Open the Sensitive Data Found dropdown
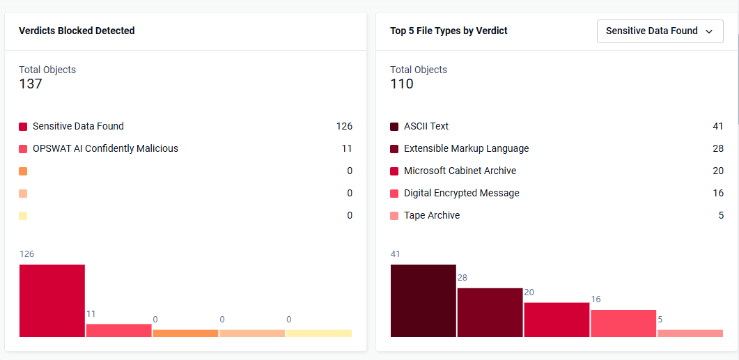pyautogui.click(x=660, y=31)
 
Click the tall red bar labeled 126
pyautogui.click(x=52, y=301)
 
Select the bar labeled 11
pyautogui.click(x=119, y=330)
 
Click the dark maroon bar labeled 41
pyautogui.click(x=423, y=301)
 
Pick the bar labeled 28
pyautogui.click(x=490, y=313)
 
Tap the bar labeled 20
pyautogui.click(x=557, y=320)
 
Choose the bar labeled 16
pyautogui.click(x=623, y=323)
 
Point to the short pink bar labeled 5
pyautogui.click(x=690, y=333)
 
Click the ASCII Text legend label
pyautogui.click(x=426, y=126)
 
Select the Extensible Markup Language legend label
pyautogui.click(x=466, y=148)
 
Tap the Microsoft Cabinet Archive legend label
pyautogui.click(x=460, y=171)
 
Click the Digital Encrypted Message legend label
pyautogui.click(x=461, y=193)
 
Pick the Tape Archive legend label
pyautogui.click(x=432, y=215)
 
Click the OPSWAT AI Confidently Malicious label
pyautogui.click(x=106, y=148)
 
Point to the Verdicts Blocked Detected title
pyautogui.click(x=77, y=31)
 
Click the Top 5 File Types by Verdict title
pyautogui.click(x=449, y=31)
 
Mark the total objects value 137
pyautogui.click(x=31, y=84)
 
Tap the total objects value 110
pyautogui.click(x=402, y=84)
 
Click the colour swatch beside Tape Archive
pyautogui.click(x=394, y=216)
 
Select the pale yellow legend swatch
pyautogui.click(x=23, y=216)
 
